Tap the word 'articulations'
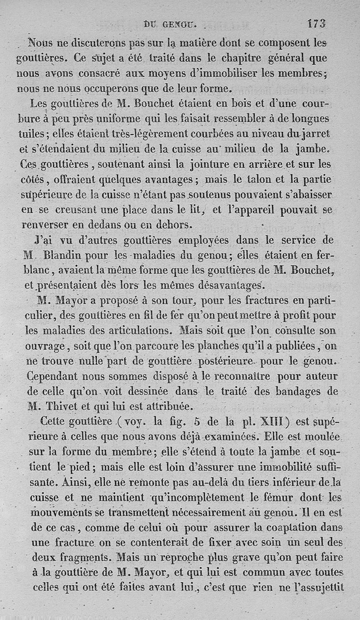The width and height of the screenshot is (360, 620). [135, 331]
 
